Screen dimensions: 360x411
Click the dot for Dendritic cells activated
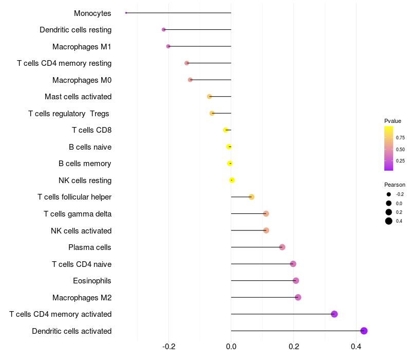(x=364, y=331)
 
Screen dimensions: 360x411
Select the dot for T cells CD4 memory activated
(x=334, y=314)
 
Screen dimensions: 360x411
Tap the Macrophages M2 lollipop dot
(x=298, y=297)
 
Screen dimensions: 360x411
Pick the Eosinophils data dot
(x=295, y=281)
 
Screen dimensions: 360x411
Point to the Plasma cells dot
(x=282, y=247)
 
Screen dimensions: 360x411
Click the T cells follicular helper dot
(x=251, y=197)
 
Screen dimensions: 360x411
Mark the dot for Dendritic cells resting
(x=164, y=30)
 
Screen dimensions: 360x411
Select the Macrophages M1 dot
(x=168, y=46)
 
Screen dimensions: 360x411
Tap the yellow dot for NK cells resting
(x=232, y=180)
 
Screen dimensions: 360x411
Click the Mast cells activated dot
(x=209, y=97)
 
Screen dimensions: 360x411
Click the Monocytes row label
(x=92, y=13)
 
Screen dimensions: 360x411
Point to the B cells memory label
(x=85, y=164)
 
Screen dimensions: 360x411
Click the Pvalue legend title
(x=393, y=121)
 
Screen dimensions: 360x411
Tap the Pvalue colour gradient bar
(x=389, y=148)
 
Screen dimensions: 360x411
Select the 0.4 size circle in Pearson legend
(x=389, y=221)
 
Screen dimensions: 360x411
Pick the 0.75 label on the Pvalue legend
(x=400, y=138)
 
